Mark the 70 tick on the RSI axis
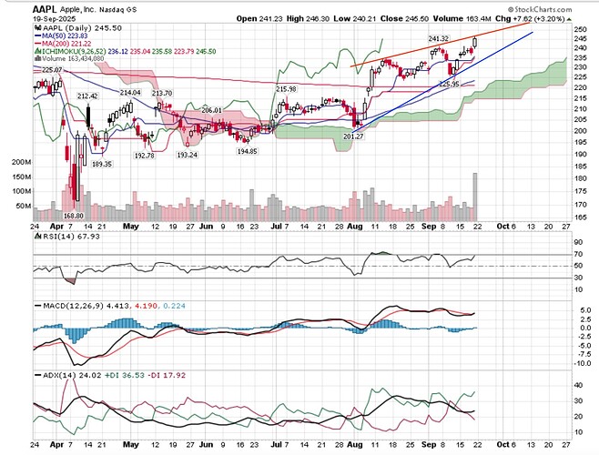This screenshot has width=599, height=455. coord(577,254)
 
